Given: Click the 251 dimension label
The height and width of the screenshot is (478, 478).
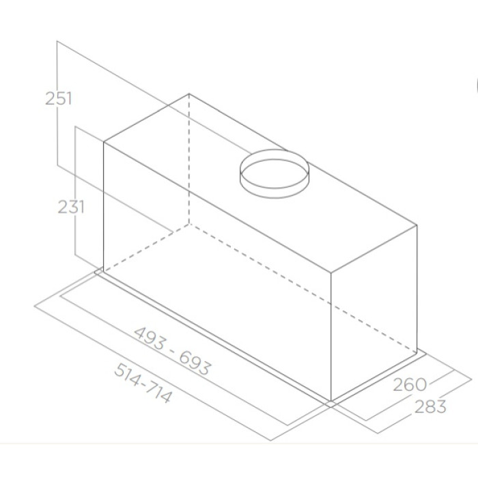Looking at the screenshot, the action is [x=58, y=98].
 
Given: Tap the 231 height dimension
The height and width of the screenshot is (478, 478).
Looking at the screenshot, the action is [x=71, y=207].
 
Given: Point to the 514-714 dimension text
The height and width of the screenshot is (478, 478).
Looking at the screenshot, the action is [x=143, y=383].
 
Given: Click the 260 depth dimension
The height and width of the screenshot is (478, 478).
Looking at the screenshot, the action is [x=410, y=384].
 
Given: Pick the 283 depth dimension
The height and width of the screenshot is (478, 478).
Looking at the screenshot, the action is [x=430, y=406].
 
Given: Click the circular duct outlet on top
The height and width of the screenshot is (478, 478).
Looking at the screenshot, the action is [x=275, y=173].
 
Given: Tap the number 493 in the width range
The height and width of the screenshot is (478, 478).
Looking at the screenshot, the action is [x=150, y=338].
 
